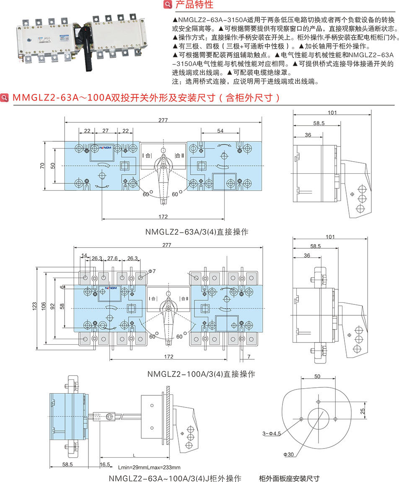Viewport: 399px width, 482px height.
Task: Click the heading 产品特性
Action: (x=194, y=5)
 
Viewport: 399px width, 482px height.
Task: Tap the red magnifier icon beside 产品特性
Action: (x=167, y=5)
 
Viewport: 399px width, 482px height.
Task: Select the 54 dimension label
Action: (x=220, y=131)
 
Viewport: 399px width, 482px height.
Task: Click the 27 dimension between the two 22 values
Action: (x=106, y=131)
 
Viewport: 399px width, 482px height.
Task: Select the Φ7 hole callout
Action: (x=152, y=271)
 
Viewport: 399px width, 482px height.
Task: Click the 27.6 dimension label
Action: (x=113, y=259)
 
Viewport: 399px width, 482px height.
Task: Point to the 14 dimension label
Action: (x=84, y=255)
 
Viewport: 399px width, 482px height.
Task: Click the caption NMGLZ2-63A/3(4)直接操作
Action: (x=197, y=231)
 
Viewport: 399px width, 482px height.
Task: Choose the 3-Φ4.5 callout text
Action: (x=272, y=432)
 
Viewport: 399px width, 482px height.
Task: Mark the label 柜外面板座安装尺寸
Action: (x=289, y=478)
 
